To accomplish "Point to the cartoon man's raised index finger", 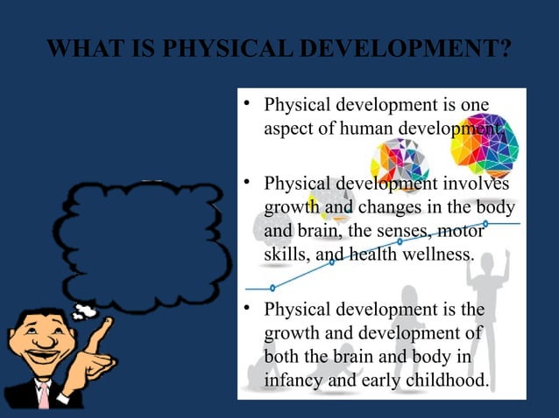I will pos(107,324).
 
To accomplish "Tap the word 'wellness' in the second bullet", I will pos(435,254).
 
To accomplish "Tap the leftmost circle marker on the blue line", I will pos(272,288).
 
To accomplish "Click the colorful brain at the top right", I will pos(485,144).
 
